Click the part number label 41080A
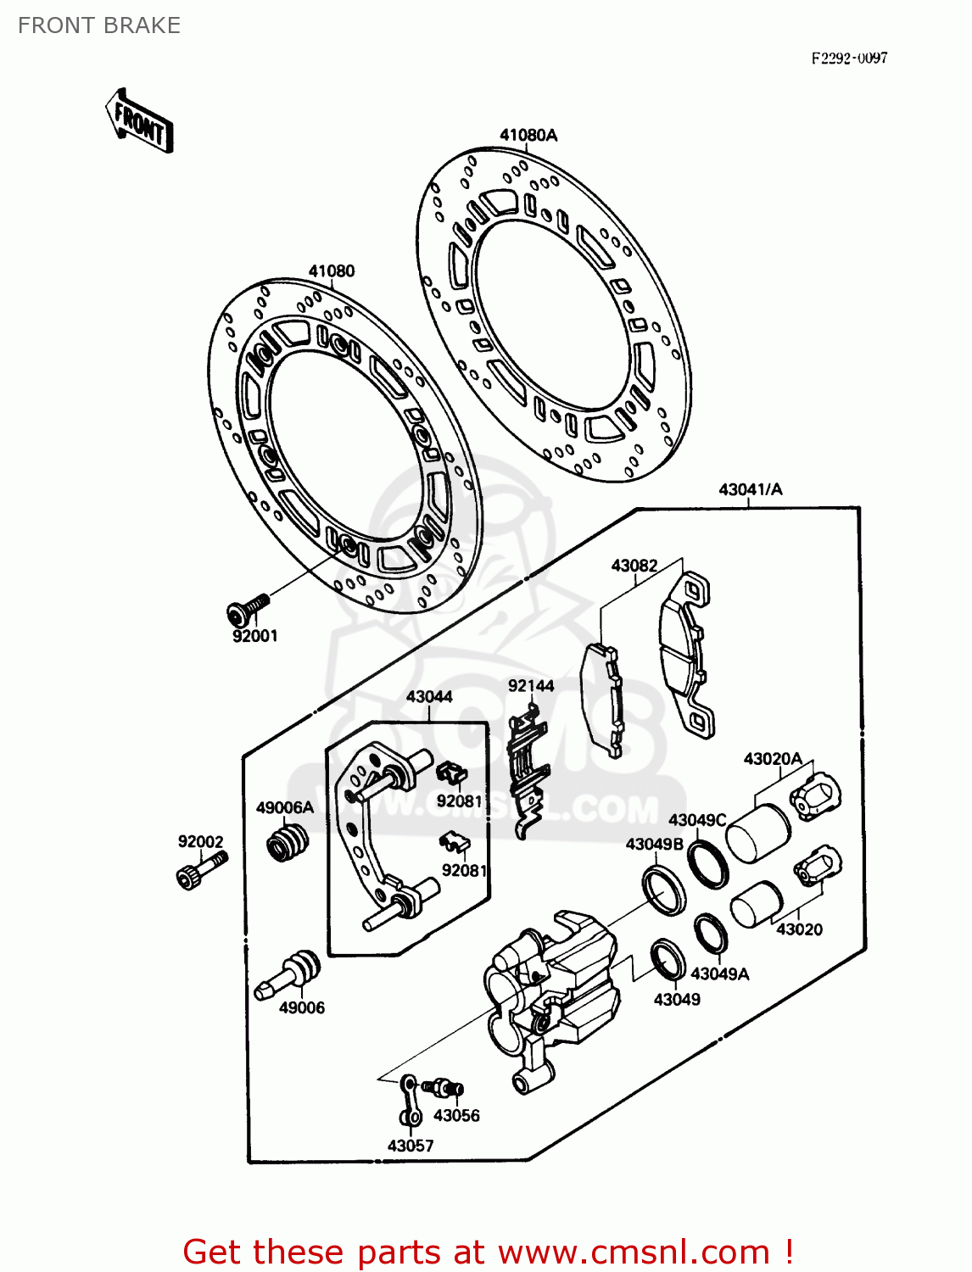coord(528,135)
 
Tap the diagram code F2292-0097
coord(849,58)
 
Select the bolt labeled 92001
coord(247,607)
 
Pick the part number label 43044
coord(429,696)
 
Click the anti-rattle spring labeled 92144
coord(527,763)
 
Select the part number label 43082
coord(634,566)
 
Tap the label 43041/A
coord(751,489)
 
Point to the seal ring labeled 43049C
coord(707,862)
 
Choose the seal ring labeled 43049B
coord(664,890)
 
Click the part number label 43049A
coord(719,974)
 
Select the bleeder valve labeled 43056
coord(444,1086)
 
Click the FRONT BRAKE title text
coord(99,25)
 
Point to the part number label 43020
coord(799,929)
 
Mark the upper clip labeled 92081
coord(452,772)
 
